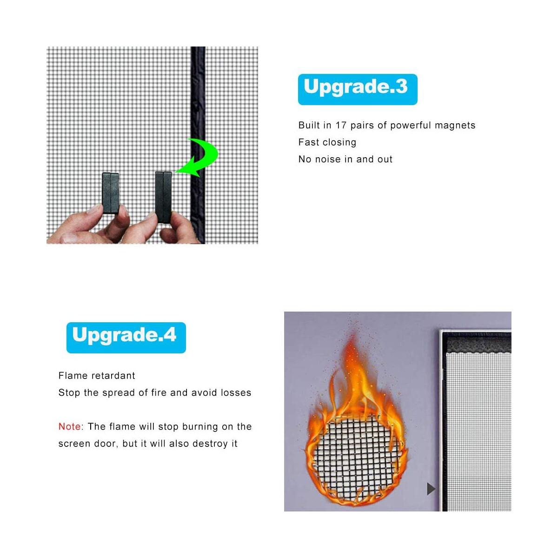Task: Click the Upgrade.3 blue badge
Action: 357,89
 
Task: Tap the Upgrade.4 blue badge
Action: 126,337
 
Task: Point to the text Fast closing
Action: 327,142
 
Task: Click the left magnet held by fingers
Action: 110,193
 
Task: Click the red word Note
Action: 69,426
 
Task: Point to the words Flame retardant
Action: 97,376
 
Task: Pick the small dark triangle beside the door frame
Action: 431,489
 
